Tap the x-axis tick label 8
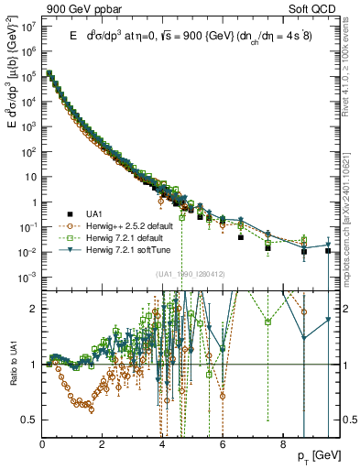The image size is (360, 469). click(x=280, y=443)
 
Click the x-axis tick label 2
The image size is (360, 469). click(x=103, y=443)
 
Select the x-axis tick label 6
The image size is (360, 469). click(x=221, y=443)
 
